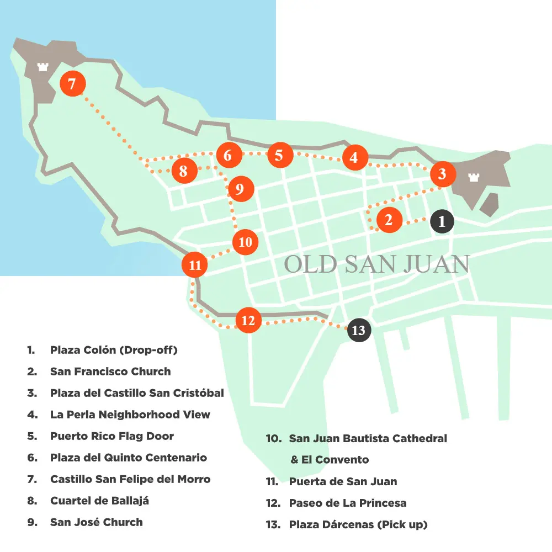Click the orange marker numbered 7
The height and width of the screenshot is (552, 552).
point(73,84)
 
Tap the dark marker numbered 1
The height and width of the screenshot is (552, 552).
point(442,221)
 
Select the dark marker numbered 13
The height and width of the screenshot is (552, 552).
point(358,330)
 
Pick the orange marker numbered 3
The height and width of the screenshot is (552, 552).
point(442,174)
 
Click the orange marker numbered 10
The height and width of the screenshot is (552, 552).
point(245,242)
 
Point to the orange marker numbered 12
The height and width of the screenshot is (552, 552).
point(248,320)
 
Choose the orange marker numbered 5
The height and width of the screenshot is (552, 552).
point(279,155)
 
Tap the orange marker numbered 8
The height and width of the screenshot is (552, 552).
point(183,171)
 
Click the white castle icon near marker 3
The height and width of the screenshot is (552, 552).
point(473,177)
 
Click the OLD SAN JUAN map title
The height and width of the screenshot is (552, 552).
point(376,264)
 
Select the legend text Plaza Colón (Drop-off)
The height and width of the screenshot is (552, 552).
point(114,350)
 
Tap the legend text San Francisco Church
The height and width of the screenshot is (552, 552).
point(110,371)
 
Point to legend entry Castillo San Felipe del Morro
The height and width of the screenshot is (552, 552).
point(130,479)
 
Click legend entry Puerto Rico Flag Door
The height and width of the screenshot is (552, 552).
point(112,436)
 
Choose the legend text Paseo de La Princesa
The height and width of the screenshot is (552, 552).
point(348,503)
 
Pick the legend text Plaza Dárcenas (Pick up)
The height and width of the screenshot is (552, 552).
point(358,524)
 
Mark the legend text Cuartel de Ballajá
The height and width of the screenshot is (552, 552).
point(100,501)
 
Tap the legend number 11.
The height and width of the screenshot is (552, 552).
point(272,481)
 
